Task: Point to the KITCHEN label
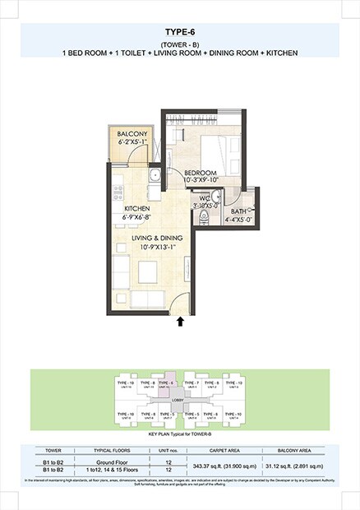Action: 136,209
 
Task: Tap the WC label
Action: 204,197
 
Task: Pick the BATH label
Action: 239,211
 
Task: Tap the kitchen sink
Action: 154,174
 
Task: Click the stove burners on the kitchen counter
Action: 119,193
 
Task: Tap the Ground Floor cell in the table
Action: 109,463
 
